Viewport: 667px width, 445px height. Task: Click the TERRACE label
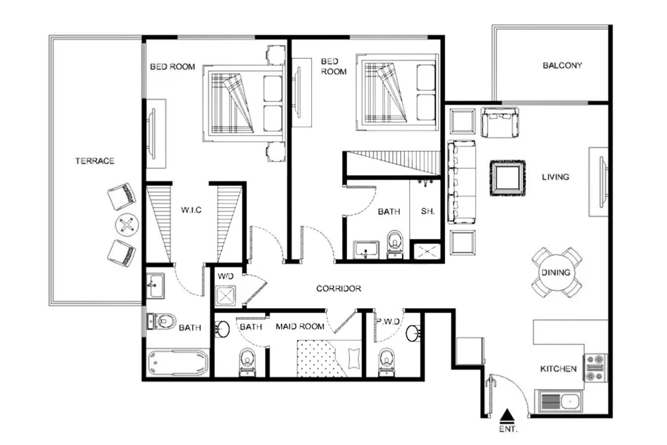pos(95,161)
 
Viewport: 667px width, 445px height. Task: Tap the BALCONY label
pos(562,66)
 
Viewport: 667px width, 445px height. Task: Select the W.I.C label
pos(191,210)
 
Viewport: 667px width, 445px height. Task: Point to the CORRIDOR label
pos(338,289)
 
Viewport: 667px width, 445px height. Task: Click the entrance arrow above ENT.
pos(507,415)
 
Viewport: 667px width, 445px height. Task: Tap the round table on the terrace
pos(127,225)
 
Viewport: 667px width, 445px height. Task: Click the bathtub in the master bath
pos(178,363)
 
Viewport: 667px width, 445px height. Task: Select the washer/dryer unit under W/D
pos(226,296)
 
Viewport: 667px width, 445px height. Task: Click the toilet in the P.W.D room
pos(386,362)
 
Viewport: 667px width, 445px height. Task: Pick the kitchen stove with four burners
pos(595,367)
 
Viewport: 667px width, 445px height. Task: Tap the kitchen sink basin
pos(570,401)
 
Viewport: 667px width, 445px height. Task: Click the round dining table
pos(556,272)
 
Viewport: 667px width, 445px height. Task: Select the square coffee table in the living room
pos(508,178)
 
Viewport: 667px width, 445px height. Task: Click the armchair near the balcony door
pos(500,123)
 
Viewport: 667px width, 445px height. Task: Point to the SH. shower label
pos(428,211)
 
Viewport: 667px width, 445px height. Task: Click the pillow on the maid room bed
pos(354,358)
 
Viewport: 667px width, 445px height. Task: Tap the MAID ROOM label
pos(300,327)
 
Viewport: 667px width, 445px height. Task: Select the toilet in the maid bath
pos(247,362)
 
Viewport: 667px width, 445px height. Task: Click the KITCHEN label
pos(558,369)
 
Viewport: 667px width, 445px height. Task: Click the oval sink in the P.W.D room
pos(413,333)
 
